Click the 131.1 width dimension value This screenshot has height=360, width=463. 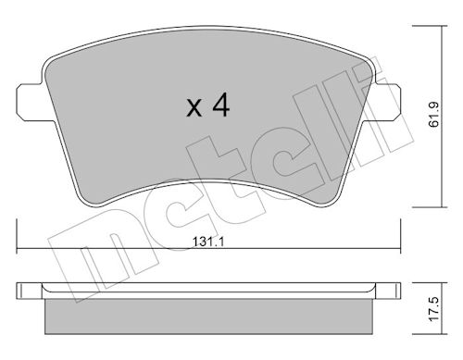tap(208, 242)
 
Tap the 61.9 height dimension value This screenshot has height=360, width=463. tap(434, 115)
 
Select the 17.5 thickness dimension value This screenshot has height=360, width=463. tap(434, 309)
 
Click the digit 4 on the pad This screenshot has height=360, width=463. tap(221, 105)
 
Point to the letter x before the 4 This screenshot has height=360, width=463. tap(194, 107)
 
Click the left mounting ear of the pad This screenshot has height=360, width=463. tap(30, 102)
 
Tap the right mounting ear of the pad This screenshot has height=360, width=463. tap(386, 102)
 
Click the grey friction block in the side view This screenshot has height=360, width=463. tap(208, 317)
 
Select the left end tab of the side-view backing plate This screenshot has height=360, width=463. tap(29, 291)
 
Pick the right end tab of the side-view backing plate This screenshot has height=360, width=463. tap(388, 291)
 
